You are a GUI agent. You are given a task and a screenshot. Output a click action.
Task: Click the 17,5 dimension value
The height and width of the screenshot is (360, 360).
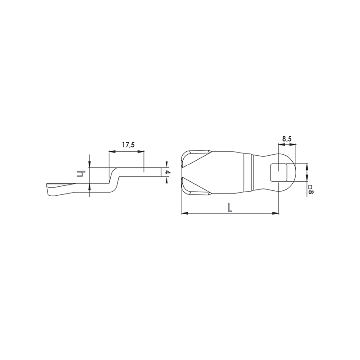(x=128, y=145)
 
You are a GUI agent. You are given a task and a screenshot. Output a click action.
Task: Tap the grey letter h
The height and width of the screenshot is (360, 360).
(x=81, y=174)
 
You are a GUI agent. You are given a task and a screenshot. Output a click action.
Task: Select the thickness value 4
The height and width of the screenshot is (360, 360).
(x=168, y=172)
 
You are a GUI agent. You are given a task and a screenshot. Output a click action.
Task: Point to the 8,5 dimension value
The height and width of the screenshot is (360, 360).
(x=287, y=139)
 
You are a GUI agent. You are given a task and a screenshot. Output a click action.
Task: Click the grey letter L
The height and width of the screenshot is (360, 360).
(x=229, y=207)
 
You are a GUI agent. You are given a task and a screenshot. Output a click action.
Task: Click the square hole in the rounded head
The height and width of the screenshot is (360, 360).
(x=279, y=172)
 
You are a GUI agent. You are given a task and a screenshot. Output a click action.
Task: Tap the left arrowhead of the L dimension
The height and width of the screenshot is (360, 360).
(x=185, y=213)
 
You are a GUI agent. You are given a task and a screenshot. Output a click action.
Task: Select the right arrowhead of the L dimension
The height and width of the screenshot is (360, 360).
(x=275, y=213)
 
